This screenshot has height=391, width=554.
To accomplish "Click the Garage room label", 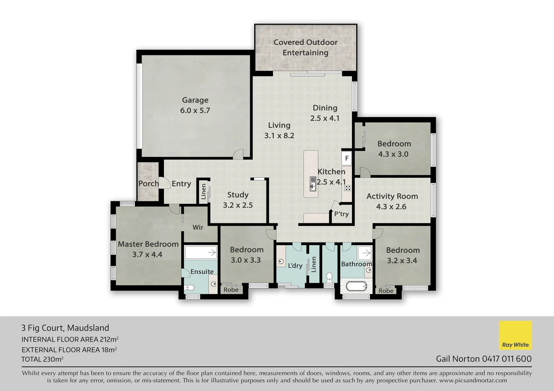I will pyautogui.click(x=195, y=100).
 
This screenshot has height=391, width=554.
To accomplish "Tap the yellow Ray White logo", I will pyautogui.click(x=515, y=335).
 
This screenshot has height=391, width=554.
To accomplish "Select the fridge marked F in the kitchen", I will pyautogui.click(x=347, y=158).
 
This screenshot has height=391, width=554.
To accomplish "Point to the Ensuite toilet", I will pyautogui.click(x=189, y=288).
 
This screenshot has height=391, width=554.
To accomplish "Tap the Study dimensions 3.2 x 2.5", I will pyautogui.click(x=237, y=205).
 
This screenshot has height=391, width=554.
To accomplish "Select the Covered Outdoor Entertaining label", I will pyautogui.click(x=305, y=47).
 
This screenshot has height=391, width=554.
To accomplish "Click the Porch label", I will pyautogui.click(x=148, y=184).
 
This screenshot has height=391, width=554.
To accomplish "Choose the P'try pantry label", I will pyautogui.click(x=341, y=214).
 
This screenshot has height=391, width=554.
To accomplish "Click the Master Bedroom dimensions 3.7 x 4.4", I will pyautogui.click(x=147, y=255).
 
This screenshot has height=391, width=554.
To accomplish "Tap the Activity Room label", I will pyautogui.click(x=392, y=196).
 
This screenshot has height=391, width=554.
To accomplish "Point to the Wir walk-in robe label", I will pyautogui.click(x=198, y=227).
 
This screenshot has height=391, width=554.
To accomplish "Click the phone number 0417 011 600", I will pyautogui.click(x=507, y=359).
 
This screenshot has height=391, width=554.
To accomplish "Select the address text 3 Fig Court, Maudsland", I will pyautogui.click(x=65, y=328).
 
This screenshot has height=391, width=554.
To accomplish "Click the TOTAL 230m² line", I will pyautogui.click(x=42, y=360).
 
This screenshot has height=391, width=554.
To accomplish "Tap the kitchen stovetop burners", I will pyautogui.click(x=347, y=188).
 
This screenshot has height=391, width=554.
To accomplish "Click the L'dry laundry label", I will pyautogui.click(x=295, y=266).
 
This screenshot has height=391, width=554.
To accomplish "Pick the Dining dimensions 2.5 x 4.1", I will pyautogui.click(x=324, y=118).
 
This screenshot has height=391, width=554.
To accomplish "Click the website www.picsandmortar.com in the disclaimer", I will pyautogui.click(x=473, y=381).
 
